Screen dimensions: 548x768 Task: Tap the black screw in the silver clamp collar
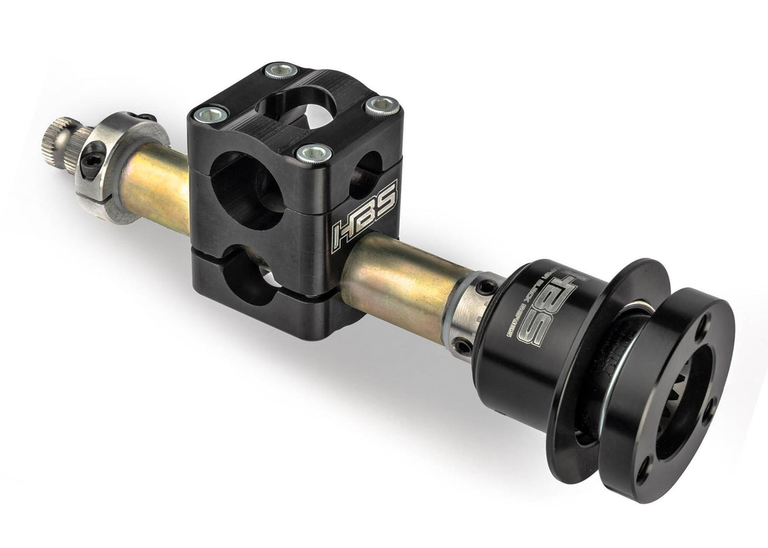point(91,161)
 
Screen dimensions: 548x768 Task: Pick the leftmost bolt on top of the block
point(211,114)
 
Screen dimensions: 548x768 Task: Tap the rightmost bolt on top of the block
point(383,106)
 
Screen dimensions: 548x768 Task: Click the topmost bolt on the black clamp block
point(281,70)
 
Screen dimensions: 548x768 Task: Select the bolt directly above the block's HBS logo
point(314,152)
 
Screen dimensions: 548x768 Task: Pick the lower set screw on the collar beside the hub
point(464,346)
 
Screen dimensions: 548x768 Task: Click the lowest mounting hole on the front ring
point(644,471)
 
